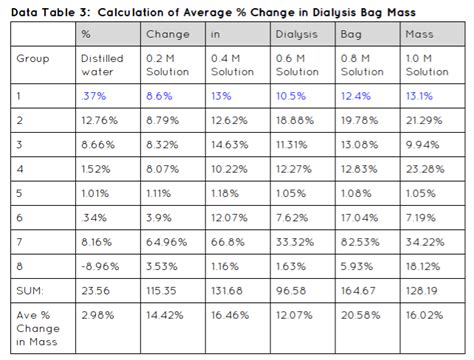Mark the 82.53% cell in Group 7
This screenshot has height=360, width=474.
[360, 239]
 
